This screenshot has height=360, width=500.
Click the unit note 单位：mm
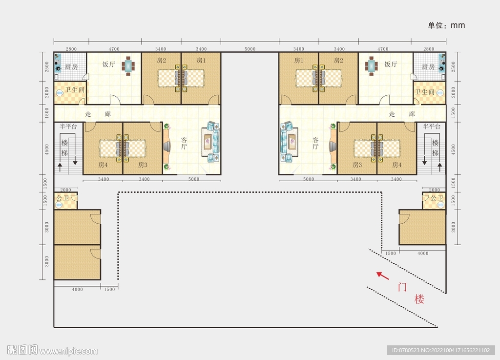click(446, 25)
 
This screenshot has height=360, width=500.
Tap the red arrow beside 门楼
click(382, 275)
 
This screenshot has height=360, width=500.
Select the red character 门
click(402, 287)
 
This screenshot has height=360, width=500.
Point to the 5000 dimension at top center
click(250, 49)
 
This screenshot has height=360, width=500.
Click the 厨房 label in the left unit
click(71, 66)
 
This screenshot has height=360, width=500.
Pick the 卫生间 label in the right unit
click(424, 91)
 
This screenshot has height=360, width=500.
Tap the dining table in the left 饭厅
click(128, 66)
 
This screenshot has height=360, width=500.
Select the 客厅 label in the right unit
click(315, 143)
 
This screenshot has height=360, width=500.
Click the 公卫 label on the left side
click(62, 198)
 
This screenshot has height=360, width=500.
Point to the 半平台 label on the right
click(432, 127)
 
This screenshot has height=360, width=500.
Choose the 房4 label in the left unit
click(103, 165)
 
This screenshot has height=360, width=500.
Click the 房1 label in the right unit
click(299, 61)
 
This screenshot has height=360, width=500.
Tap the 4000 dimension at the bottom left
click(77, 289)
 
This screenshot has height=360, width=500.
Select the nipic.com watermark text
click(68, 351)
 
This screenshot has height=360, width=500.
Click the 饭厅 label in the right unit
click(391, 64)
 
